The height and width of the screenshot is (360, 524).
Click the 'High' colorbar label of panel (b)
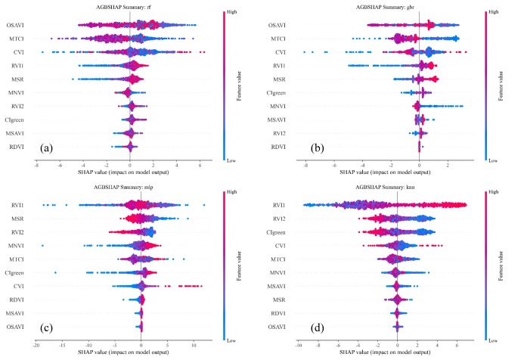(493, 12)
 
